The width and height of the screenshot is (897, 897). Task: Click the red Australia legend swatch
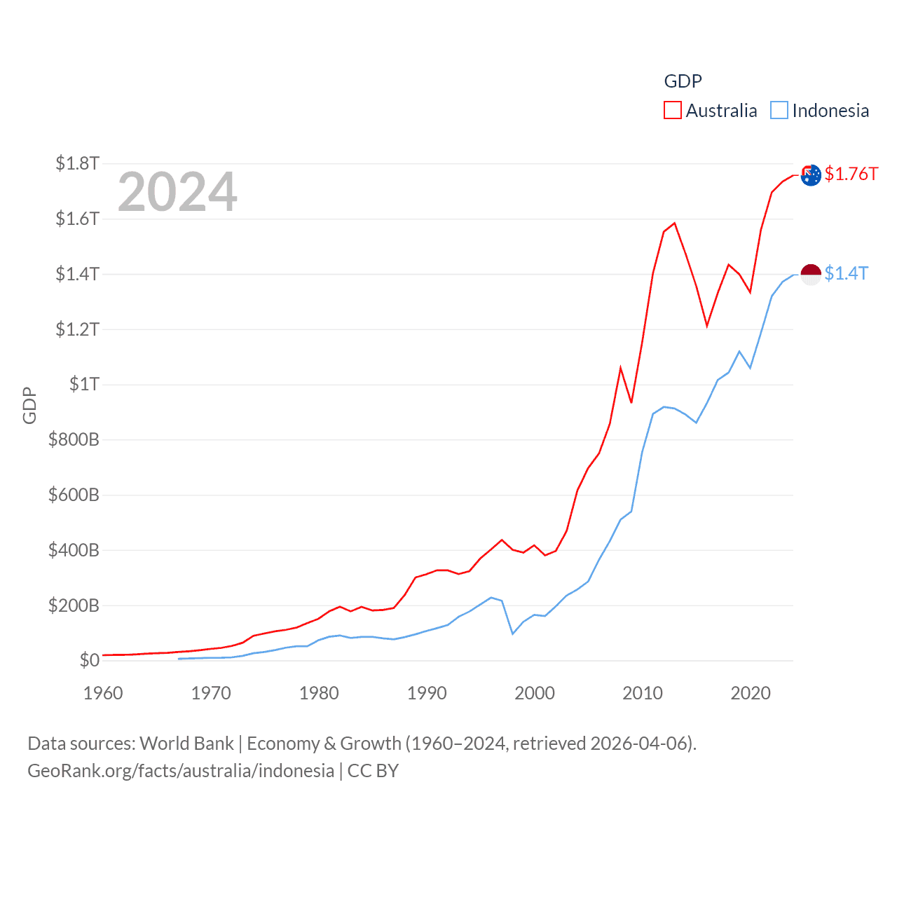pos(673,111)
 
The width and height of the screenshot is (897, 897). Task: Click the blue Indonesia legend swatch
pos(779,111)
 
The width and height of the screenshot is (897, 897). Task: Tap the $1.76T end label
pos(851,174)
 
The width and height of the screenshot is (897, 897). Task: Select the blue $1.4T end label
pos(846,273)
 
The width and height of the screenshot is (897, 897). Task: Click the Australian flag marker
pos(811,175)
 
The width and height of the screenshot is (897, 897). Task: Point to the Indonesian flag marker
pos(811,275)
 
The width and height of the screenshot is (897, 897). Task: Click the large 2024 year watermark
pos(177,192)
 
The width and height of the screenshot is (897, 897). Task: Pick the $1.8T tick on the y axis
pos(77,164)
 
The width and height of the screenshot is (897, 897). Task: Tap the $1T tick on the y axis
pos(84,385)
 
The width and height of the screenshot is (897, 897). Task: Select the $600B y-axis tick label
pos(74,495)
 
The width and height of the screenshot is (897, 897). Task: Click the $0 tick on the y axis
pos(89,661)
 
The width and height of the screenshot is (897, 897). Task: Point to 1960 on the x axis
pos(103,694)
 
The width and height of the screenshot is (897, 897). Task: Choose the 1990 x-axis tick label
pos(427,694)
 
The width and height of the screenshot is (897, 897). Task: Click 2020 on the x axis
pos(751,694)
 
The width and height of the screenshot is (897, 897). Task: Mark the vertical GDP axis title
pos(29,405)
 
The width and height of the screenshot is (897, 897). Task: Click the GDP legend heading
pos(683,81)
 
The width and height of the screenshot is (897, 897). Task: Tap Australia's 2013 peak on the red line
pos(674,224)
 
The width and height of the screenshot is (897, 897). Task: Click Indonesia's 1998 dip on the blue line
pos(513,634)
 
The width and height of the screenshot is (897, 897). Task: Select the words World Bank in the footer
pos(187,744)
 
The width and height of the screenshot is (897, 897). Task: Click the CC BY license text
pos(373,771)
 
